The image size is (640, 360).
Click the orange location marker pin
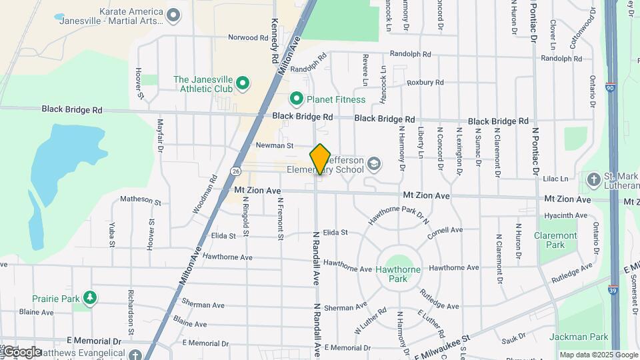(x=320, y=159)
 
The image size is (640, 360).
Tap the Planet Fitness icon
(x=297, y=99)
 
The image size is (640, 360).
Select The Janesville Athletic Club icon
(x=243, y=84)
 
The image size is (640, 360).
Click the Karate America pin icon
(x=174, y=15)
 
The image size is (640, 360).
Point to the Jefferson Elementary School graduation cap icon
(x=375, y=163)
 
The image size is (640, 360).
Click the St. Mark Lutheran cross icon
(x=593, y=179)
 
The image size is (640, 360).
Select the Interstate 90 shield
(x=611, y=87)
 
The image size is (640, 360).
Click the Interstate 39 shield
(x=612, y=271)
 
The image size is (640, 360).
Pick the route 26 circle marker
(x=236, y=171)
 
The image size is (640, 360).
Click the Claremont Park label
(x=555, y=240)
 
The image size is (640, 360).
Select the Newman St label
(x=275, y=145)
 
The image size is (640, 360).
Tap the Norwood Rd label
(x=247, y=37)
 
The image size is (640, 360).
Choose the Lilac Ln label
(x=555, y=179)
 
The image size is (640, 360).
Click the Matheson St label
(x=140, y=200)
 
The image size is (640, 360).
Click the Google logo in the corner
(x=21, y=352)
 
